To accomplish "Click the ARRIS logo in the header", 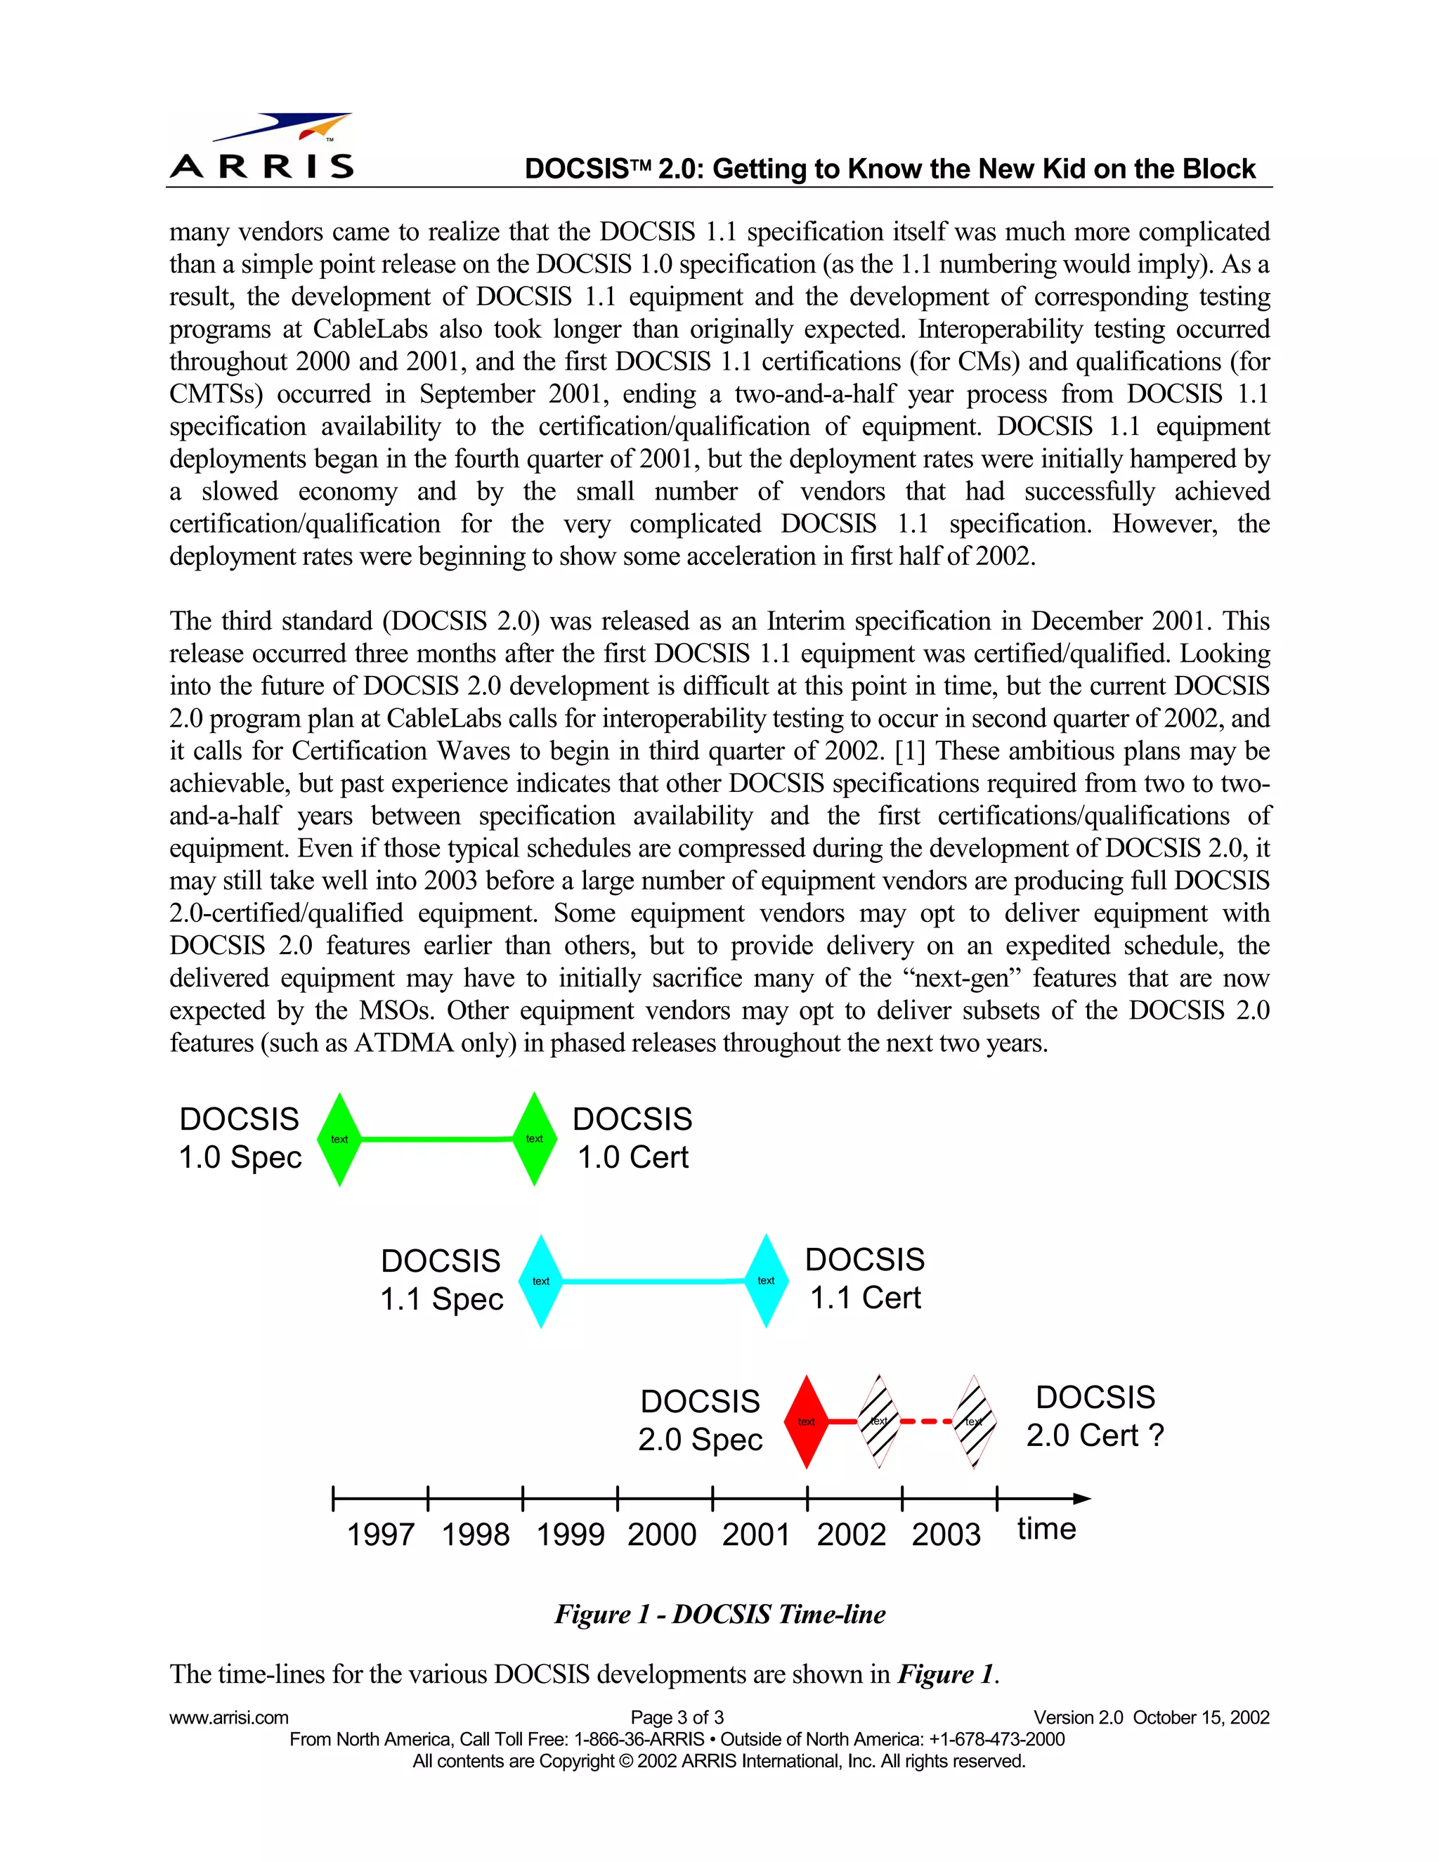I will tap(261, 147).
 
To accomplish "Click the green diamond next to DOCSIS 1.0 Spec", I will tap(339, 1139).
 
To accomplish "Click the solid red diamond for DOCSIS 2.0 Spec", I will tap(807, 1421).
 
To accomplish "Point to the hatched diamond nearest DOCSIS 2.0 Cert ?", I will tap(975, 1421).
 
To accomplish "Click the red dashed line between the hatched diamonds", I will tap(927, 1421).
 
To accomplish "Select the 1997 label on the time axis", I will tap(380, 1535).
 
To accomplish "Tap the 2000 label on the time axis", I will tap(663, 1535).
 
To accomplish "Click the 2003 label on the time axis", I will tap(946, 1535).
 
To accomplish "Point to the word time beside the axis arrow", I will tap(1047, 1530).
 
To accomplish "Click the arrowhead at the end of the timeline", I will tap(1083, 1498).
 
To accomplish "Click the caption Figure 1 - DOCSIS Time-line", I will tap(720, 1614).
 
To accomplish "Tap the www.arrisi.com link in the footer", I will tap(228, 1718).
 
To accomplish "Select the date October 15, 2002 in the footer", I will tap(1201, 1718).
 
